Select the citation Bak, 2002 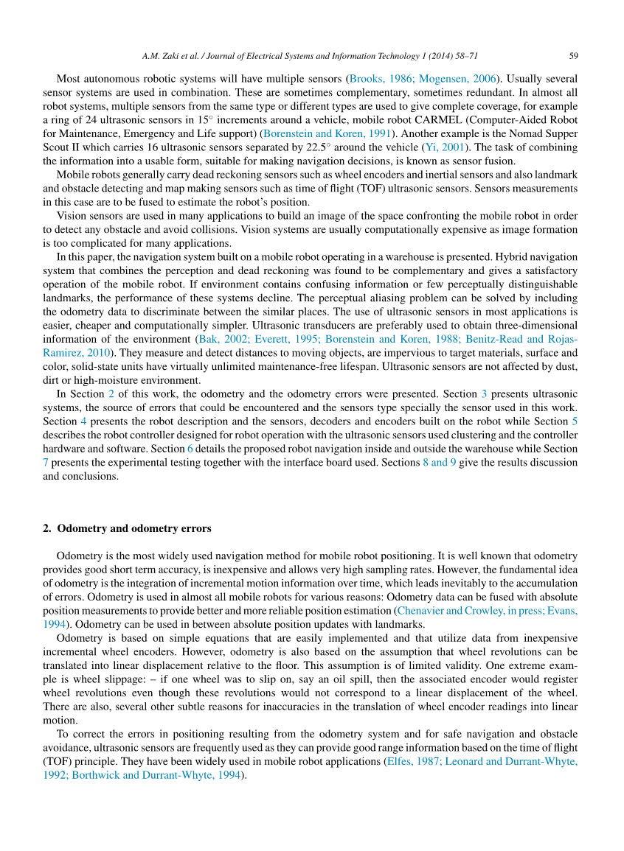click(x=222, y=339)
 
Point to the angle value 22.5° click(x=384, y=147)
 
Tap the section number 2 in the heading click(x=46, y=528)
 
